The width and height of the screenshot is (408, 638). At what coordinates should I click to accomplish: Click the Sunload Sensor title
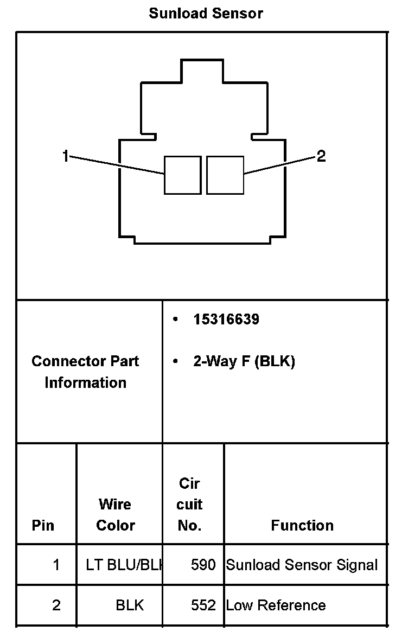point(206,14)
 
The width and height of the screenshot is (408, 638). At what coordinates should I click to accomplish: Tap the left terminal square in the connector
point(182,175)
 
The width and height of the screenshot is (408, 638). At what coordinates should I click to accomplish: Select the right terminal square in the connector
point(225,175)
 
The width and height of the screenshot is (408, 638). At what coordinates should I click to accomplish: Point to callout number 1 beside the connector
point(65,157)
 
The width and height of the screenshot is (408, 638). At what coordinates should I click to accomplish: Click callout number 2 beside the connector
point(321,157)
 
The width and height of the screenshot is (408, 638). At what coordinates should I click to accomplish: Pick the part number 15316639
point(226,320)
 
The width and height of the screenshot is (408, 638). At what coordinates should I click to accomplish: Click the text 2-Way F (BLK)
point(244,361)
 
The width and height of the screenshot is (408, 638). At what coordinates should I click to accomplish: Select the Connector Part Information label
point(85,372)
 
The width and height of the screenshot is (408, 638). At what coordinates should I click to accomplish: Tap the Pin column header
point(43,525)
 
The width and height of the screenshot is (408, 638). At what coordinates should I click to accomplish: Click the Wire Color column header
point(116,514)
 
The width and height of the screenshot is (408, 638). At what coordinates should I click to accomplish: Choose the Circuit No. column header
point(189,504)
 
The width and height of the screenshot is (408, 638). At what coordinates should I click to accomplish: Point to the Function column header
point(302,525)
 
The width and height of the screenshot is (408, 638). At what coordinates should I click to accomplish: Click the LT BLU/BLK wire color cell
point(124,565)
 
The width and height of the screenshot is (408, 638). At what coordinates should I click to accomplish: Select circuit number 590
point(203,565)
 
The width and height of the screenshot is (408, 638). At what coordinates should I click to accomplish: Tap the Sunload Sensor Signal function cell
point(302,565)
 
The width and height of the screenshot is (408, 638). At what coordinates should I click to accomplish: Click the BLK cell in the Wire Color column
point(130,605)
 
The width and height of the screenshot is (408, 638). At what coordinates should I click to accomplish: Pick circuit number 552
point(203,605)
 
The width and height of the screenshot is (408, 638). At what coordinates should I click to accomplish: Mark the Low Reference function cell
point(276,605)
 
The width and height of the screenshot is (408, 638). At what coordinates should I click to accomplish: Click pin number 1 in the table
point(56,565)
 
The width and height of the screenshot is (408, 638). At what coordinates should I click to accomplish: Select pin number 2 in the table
point(56,605)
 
